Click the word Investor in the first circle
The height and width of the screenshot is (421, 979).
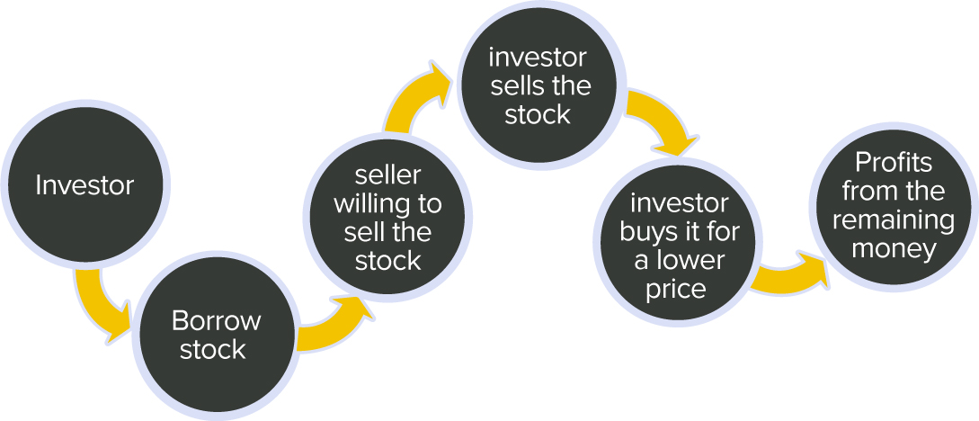(x=85, y=185)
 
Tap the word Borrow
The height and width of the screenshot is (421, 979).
(x=216, y=321)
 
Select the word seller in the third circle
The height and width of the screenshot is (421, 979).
(x=387, y=176)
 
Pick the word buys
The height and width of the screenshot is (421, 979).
(x=646, y=232)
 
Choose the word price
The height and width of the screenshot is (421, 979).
(x=676, y=290)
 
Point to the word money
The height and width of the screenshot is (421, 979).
(x=894, y=250)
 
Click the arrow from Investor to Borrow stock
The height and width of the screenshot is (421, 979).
(x=100, y=304)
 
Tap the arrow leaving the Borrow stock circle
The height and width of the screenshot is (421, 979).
(x=334, y=325)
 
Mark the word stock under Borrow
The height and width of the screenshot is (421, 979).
(x=213, y=350)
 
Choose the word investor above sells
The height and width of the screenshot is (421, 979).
(x=538, y=58)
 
